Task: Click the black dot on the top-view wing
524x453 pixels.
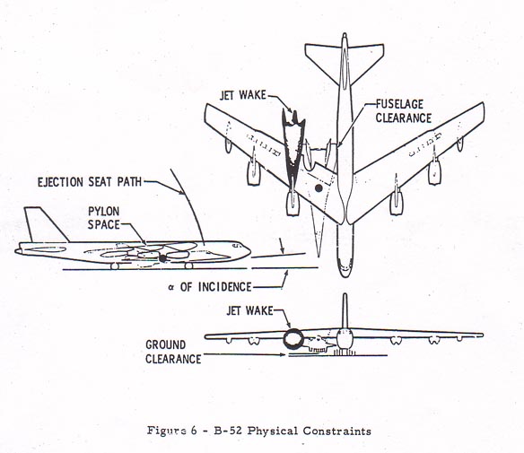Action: pos(317,188)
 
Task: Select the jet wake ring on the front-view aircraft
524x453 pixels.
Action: pos(293,340)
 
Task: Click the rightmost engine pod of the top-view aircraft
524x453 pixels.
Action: pos(437,170)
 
